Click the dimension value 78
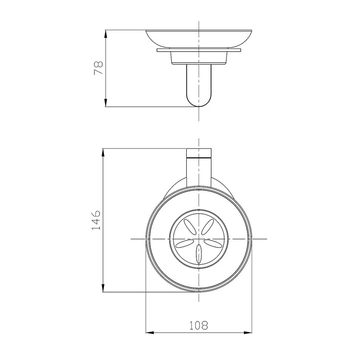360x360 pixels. click(98, 67)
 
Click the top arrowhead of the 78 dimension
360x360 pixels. click(105, 34)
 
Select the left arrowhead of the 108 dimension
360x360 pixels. click(150, 332)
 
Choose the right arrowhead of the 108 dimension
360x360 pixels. click(248, 332)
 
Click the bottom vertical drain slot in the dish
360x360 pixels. click(198, 254)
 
